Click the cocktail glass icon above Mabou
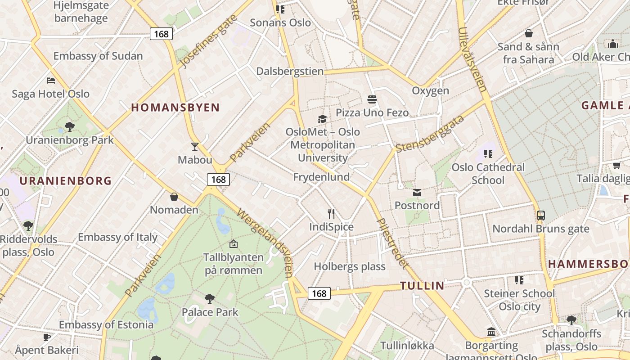point(194,146)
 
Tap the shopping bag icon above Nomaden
point(174,197)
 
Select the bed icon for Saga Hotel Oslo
point(51,81)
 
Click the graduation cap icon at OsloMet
point(322,119)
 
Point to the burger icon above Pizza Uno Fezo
point(372,99)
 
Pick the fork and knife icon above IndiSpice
point(331,213)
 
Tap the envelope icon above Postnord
point(417,193)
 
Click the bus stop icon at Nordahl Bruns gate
point(541,216)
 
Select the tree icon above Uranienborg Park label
point(69,126)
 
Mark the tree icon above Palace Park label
point(209,298)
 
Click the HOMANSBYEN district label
point(175,108)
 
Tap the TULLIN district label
point(422,286)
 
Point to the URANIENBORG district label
point(66,181)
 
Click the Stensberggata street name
point(430,134)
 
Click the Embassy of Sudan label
point(98,56)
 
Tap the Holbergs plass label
point(350,266)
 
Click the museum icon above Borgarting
point(491,332)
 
